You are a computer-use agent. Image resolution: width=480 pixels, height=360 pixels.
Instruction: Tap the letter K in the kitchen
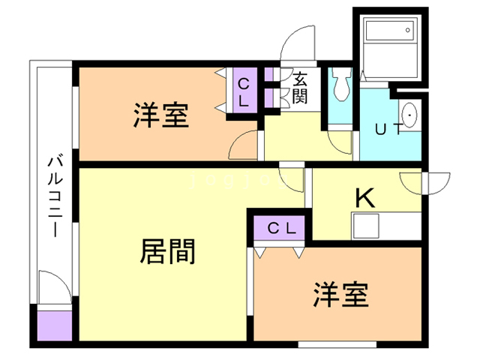[365, 198]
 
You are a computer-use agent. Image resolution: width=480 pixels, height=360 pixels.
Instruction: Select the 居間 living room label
[168, 252]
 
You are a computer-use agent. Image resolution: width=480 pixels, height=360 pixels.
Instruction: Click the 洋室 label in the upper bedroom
[161, 115]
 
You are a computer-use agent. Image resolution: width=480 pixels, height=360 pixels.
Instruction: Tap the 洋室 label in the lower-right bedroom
[340, 295]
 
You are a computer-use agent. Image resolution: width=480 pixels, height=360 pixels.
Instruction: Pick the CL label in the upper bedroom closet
[244, 92]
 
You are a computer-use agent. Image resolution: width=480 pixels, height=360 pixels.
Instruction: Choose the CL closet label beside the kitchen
[282, 228]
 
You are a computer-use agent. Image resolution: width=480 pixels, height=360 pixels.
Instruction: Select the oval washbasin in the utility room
[408, 115]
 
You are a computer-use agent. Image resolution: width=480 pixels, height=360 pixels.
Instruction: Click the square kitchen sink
[366, 226]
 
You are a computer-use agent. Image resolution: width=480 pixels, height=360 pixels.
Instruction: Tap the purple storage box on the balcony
[55, 325]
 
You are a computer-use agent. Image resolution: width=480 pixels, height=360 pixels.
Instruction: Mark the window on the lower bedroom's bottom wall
[337, 344]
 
